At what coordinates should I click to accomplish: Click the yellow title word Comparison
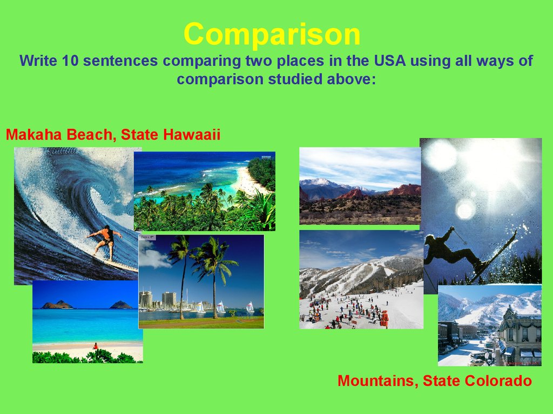272,34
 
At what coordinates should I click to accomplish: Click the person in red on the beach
95,346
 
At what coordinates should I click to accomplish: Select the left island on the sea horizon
57,305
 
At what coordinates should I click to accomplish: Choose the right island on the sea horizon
121,305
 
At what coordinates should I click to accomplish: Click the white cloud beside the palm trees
154,256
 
